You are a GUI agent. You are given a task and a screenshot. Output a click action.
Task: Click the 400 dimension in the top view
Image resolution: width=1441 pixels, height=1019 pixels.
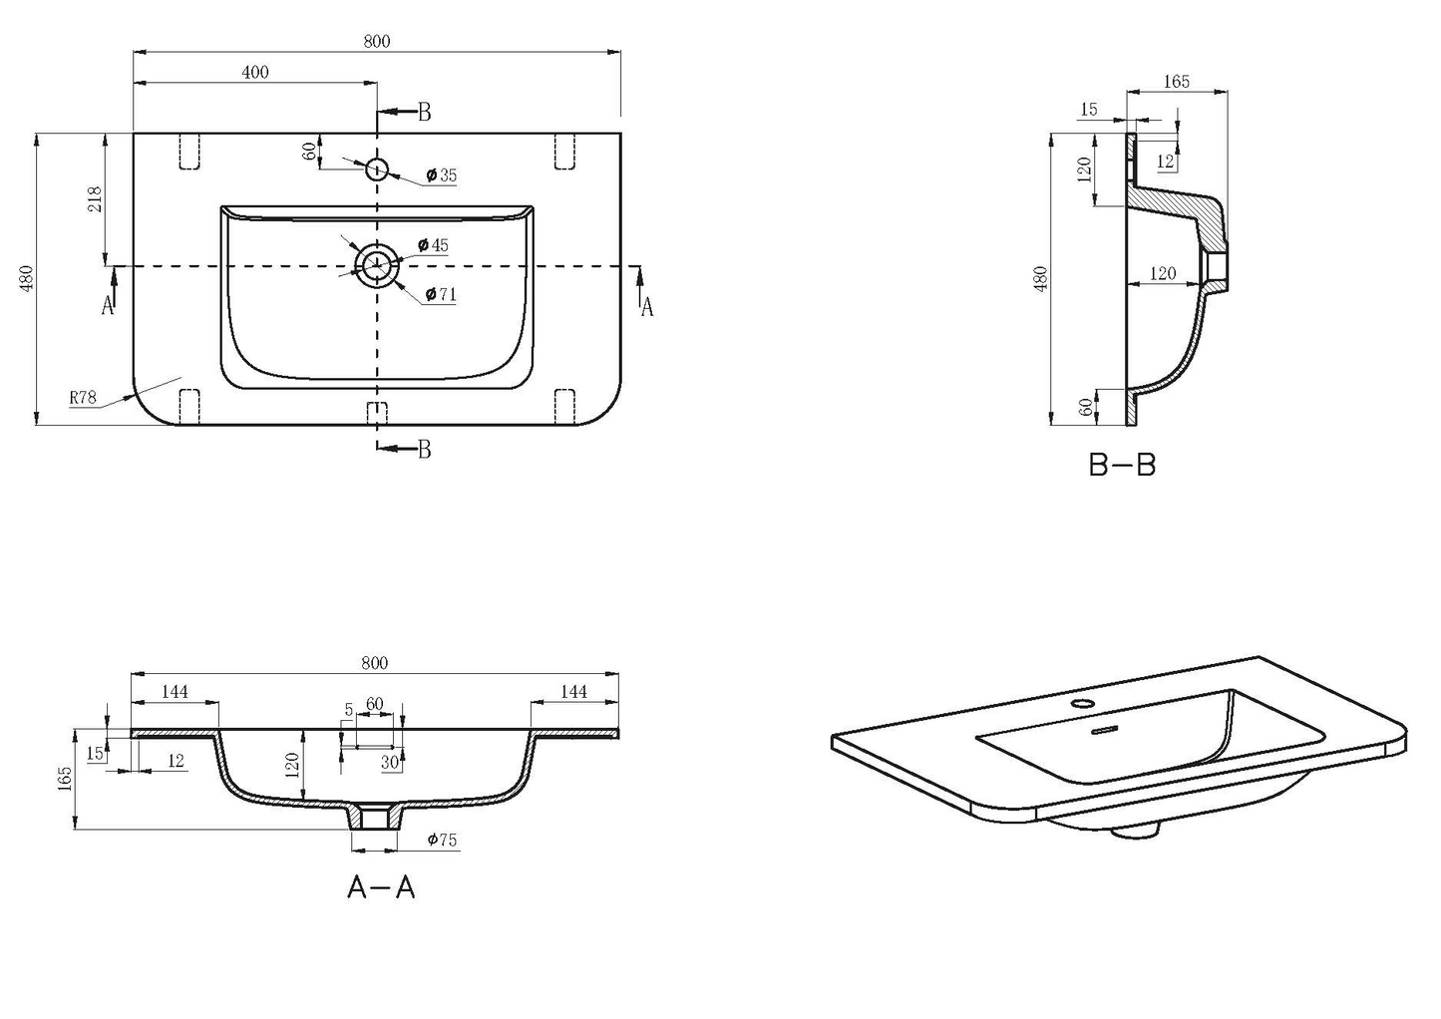[254, 72]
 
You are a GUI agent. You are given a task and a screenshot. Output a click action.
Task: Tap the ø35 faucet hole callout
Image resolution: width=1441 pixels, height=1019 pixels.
[442, 174]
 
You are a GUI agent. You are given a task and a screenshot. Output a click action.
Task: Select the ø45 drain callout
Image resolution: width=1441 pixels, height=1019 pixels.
[433, 245]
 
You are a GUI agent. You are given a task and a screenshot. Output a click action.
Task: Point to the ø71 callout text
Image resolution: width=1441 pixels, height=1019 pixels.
[441, 295]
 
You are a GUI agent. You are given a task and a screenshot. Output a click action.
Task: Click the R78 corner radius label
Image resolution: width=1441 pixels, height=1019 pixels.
[83, 398]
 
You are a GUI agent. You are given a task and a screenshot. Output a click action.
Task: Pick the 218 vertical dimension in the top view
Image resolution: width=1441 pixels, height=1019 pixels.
[95, 199]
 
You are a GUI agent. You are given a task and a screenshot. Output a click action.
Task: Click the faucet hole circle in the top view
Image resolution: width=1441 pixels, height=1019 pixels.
[377, 170]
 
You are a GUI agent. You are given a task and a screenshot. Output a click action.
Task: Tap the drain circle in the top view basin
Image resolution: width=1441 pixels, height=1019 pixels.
[377, 265]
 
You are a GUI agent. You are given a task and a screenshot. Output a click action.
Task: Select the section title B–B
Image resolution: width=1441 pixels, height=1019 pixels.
[1122, 465]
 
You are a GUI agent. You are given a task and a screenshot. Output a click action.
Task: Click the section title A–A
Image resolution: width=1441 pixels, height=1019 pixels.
[381, 888]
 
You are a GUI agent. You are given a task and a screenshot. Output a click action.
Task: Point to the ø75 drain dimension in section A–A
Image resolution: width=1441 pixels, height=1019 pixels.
[442, 840]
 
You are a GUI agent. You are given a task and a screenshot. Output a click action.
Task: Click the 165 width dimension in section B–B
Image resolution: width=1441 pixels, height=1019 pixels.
[1177, 82]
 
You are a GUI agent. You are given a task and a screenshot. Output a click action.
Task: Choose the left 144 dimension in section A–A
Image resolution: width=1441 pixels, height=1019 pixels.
[175, 692]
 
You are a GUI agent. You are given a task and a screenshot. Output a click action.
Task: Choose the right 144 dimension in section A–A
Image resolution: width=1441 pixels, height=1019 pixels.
[573, 692]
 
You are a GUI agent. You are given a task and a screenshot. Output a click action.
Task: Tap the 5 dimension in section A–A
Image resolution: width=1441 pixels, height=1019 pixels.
[349, 710]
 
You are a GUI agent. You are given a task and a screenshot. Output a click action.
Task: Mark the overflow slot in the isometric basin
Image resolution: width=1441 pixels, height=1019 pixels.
[1105, 729]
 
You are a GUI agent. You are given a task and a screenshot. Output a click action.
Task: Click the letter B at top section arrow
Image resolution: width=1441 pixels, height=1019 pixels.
[424, 113]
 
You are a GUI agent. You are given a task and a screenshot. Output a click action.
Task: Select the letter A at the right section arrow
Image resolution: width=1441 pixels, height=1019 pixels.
[647, 308]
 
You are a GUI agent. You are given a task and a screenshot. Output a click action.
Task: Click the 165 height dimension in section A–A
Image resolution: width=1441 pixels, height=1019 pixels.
[65, 779]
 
